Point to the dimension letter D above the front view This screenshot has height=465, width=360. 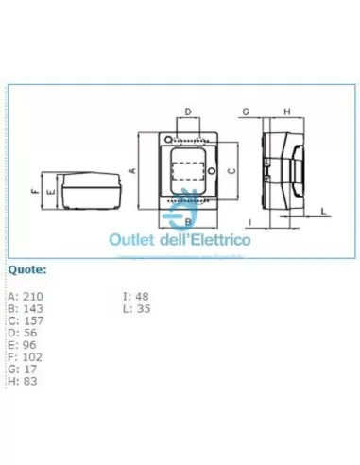point(187,112)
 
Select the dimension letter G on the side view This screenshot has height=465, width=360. point(245,112)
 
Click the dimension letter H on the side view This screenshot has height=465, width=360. point(287,112)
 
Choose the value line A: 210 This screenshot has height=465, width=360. point(25,297)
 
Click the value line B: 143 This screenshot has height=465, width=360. point(25,308)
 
